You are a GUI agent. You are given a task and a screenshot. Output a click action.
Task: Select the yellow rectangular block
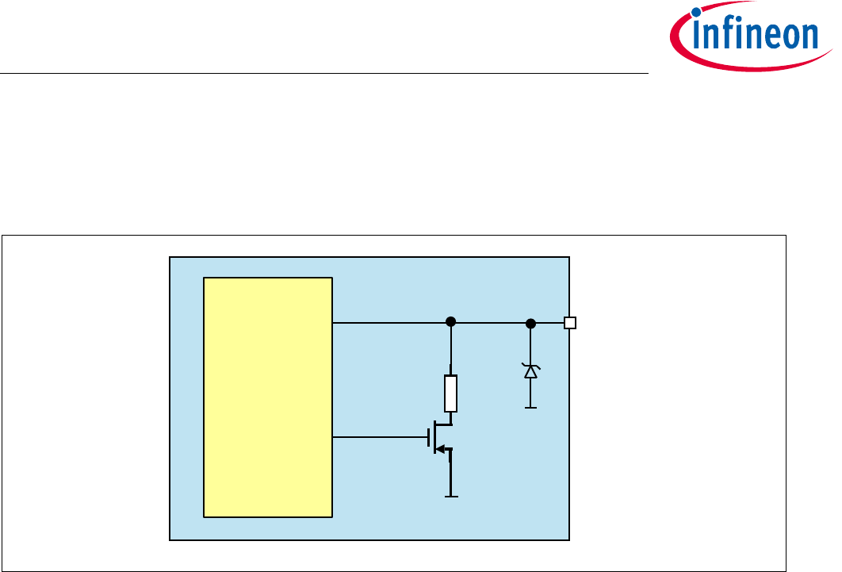pyautogui.click(x=268, y=397)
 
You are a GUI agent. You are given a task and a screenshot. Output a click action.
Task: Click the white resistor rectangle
pyautogui.click(x=451, y=393)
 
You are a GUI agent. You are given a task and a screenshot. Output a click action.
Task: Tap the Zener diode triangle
pyautogui.click(x=530, y=371)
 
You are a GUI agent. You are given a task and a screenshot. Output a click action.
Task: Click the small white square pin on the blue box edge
pyautogui.click(x=569, y=323)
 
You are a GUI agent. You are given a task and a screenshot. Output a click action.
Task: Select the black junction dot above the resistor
pyautogui.click(x=451, y=322)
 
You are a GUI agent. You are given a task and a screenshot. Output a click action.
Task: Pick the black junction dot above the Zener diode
pyautogui.click(x=530, y=323)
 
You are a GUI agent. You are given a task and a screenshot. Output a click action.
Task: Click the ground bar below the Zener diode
pyautogui.click(x=530, y=408)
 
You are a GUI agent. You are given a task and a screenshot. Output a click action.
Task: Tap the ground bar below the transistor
pyautogui.click(x=451, y=497)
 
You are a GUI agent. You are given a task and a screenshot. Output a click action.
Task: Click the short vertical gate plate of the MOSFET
pyautogui.click(x=428, y=437)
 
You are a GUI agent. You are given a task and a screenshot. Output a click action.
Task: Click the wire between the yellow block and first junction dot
pyautogui.click(x=388, y=323)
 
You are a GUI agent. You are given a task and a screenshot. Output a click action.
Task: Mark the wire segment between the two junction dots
pyautogui.click(x=491, y=323)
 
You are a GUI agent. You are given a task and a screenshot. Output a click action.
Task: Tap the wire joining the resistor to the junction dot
pyautogui.click(x=451, y=349)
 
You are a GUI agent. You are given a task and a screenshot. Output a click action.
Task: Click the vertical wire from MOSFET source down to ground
pyautogui.click(x=451, y=476)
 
